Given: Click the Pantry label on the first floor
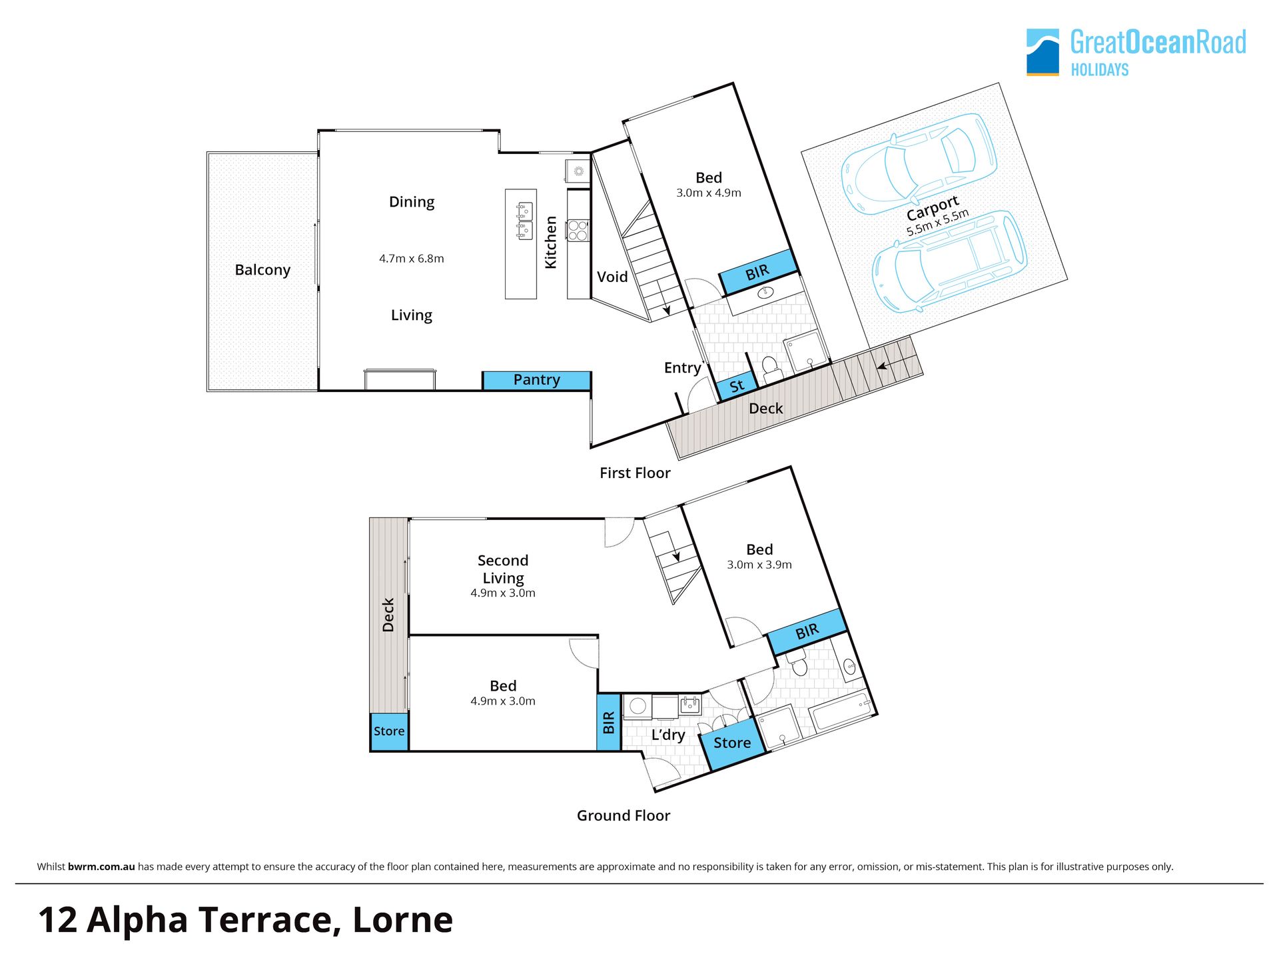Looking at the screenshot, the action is (536, 380).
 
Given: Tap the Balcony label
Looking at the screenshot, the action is (262, 270).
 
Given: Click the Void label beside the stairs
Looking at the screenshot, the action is (612, 277).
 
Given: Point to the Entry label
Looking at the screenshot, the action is (683, 368).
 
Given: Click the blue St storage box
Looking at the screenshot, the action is (736, 385).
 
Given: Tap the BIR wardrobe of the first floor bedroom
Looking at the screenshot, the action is (758, 272).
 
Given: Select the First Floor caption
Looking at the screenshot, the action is (635, 473).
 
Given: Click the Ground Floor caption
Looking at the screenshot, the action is (624, 815).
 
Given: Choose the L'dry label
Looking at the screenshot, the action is (668, 735).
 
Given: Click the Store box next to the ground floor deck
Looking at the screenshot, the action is (389, 731).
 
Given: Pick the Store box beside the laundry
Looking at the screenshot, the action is (733, 743).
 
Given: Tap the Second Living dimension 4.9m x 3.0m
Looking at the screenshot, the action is (503, 593).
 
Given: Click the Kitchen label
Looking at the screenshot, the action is (551, 243).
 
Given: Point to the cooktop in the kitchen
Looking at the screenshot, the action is (578, 231).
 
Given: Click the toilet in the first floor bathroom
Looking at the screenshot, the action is (771, 369).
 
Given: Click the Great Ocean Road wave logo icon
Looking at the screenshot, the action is (1043, 52).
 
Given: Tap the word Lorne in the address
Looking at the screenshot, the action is (402, 920).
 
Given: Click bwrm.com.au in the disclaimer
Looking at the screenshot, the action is (101, 867).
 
